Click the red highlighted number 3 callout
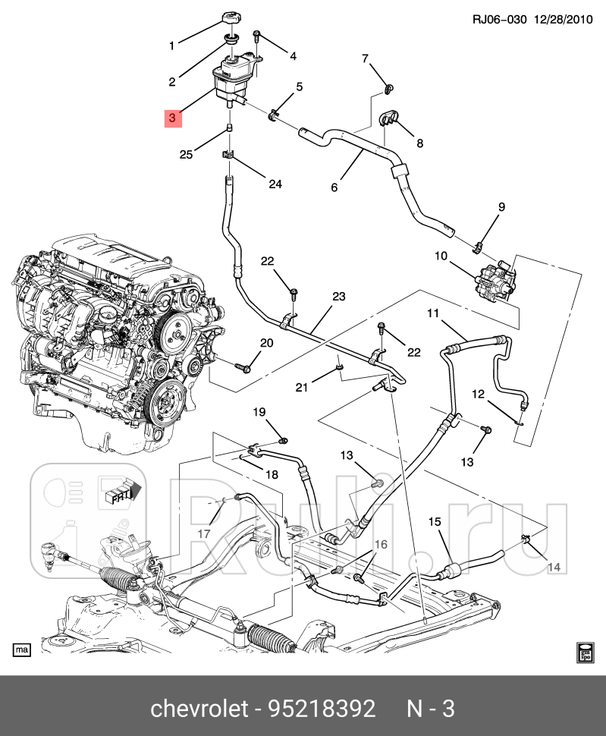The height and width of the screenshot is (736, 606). pos(172,118)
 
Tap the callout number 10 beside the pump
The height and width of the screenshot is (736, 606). pos(441,256)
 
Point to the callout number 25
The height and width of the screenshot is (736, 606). pos(187,155)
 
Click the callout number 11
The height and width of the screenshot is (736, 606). pos(433,313)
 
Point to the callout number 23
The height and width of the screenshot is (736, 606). pos(338,296)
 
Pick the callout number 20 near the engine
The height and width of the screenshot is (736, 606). pos(265,343)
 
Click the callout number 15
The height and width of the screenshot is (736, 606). pos(435,521)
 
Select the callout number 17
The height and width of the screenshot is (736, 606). pos(204,533)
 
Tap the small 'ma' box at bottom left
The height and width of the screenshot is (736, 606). pos(22,650)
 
